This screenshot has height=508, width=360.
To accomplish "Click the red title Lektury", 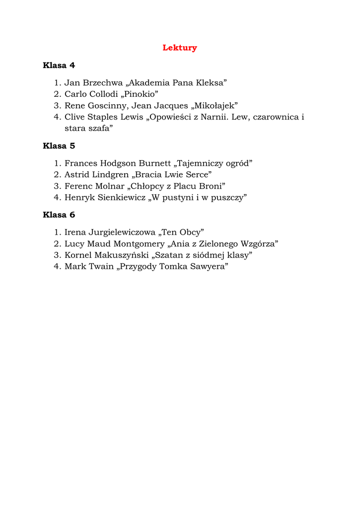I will [180, 48].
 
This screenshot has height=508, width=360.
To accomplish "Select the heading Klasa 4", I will [59, 65].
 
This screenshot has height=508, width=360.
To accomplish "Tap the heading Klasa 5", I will [59, 146].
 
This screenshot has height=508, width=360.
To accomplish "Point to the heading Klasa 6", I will [59, 215].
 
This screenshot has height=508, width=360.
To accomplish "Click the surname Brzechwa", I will [102, 83].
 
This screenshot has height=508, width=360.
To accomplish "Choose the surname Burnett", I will [155, 163].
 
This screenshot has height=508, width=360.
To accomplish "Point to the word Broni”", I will [213, 186].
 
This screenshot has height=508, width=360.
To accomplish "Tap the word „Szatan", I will [167, 255].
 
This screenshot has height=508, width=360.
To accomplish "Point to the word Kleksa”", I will [210, 83].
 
